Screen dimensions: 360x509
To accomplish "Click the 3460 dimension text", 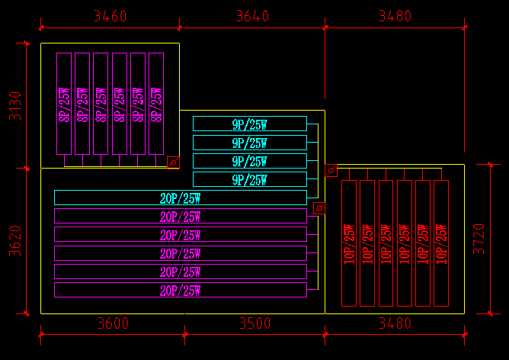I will point(110,16).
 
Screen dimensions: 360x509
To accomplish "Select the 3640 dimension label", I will point(253,16).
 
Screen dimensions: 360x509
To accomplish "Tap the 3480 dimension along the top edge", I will point(393,16).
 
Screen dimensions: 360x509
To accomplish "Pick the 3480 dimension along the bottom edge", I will point(395,323).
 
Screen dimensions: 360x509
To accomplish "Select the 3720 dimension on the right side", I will point(479,238).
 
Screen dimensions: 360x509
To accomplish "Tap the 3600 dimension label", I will point(113,323).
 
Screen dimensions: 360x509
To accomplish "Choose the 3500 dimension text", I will point(254,323).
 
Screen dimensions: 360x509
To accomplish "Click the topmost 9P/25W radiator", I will point(249,124).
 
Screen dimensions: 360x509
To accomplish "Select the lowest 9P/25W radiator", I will point(249,179).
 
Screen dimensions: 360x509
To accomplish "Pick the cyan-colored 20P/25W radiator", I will point(180,198).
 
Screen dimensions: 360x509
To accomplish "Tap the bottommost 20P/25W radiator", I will point(180,290).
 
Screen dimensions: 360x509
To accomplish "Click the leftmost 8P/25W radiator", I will point(64,104).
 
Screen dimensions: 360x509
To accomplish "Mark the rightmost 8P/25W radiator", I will point(156,104).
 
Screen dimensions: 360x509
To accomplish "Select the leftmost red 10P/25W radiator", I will point(349,243).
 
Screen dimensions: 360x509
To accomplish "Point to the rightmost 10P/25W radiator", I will point(441,243).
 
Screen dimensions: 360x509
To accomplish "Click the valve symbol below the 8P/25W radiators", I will point(173,162).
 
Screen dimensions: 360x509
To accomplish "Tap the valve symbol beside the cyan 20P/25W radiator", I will point(319,207).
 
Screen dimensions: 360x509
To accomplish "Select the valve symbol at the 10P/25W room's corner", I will point(331,171).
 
